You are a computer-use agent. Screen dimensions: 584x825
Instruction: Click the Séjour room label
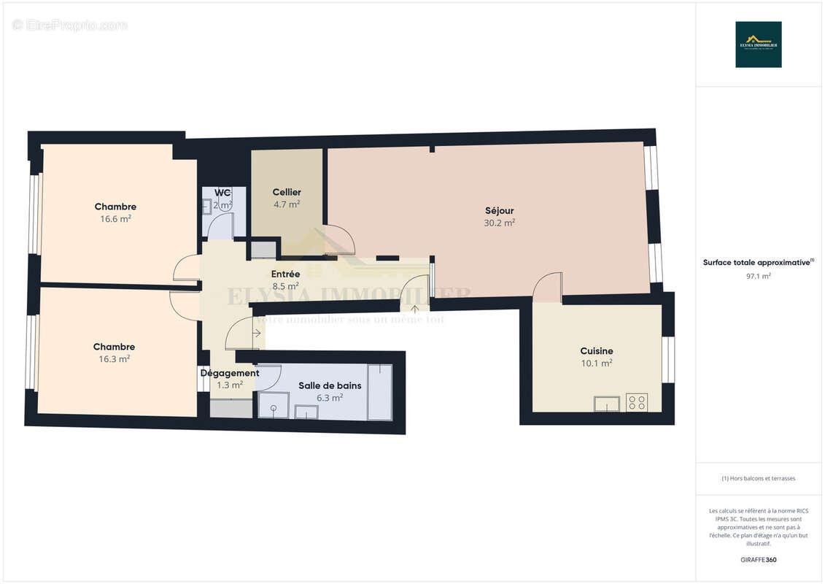pyautogui.click(x=499, y=211)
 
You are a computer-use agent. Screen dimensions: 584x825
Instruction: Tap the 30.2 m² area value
pyautogui.click(x=499, y=223)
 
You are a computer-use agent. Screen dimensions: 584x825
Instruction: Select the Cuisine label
pyautogui.click(x=596, y=351)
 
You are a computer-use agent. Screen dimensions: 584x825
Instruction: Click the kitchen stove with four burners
pyautogui.click(x=636, y=402)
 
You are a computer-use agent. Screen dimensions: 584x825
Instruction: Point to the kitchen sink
pyautogui.click(x=606, y=404)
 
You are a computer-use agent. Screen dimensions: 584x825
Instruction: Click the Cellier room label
pyautogui.click(x=287, y=192)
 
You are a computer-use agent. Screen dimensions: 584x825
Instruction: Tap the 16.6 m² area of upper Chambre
pyautogui.click(x=115, y=218)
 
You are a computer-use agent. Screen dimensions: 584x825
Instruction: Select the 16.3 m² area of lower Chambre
pyautogui.click(x=114, y=359)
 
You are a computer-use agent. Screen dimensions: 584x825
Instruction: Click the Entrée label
pyautogui.click(x=284, y=274)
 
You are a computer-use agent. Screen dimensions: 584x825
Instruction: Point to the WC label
pyautogui.click(x=222, y=193)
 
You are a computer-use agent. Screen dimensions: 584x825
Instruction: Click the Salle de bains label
pyautogui.click(x=330, y=385)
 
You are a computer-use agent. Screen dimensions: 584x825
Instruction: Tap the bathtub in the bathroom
pyautogui.click(x=379, y=392)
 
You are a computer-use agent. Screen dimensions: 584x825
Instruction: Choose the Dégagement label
pyautogui.click(x=230, y=373)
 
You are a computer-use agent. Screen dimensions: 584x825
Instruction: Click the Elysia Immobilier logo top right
pyautogui.click(x=758, y=45)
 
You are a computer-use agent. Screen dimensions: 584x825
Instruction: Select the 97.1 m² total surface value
pyautogui.click(x=758, y=276)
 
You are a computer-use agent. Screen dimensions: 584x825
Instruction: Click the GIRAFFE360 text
pyautogui.click(x=758, y=560)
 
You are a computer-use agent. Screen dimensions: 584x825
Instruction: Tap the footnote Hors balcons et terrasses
pyautogui.click(x=758, y=478)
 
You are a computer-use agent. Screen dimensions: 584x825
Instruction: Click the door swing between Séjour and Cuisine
pyautogui.click(x=548, y=288)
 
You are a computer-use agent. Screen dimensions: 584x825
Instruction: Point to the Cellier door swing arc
pyautogui.click(x=340, y=241)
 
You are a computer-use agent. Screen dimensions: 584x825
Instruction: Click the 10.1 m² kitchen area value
pyautogui.click(x=596, y=363)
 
